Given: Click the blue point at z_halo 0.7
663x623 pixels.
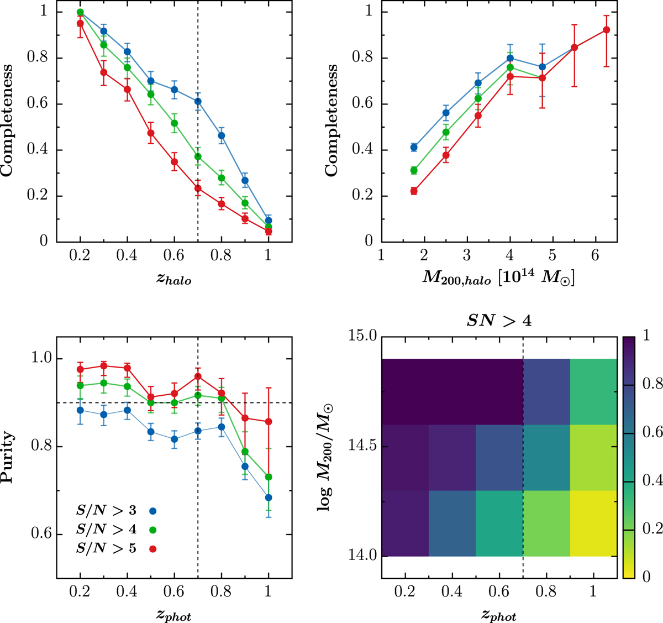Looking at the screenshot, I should [x=198, y=101].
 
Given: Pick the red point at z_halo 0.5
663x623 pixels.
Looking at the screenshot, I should [x=150, y=133].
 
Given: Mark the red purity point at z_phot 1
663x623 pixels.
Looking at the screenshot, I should [x=269, y=422].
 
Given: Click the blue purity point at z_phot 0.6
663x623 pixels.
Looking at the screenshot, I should [x=174, y=439].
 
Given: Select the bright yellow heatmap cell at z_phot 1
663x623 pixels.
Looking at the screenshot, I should [x=593, y=523].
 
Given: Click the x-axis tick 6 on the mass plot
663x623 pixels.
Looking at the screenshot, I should [x=595, y=256].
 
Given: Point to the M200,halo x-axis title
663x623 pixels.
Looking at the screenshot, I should [x=498, y=280].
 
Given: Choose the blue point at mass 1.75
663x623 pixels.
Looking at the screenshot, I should [x=413, y=147].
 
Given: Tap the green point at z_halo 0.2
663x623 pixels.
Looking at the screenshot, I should [x=80, y=12].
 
